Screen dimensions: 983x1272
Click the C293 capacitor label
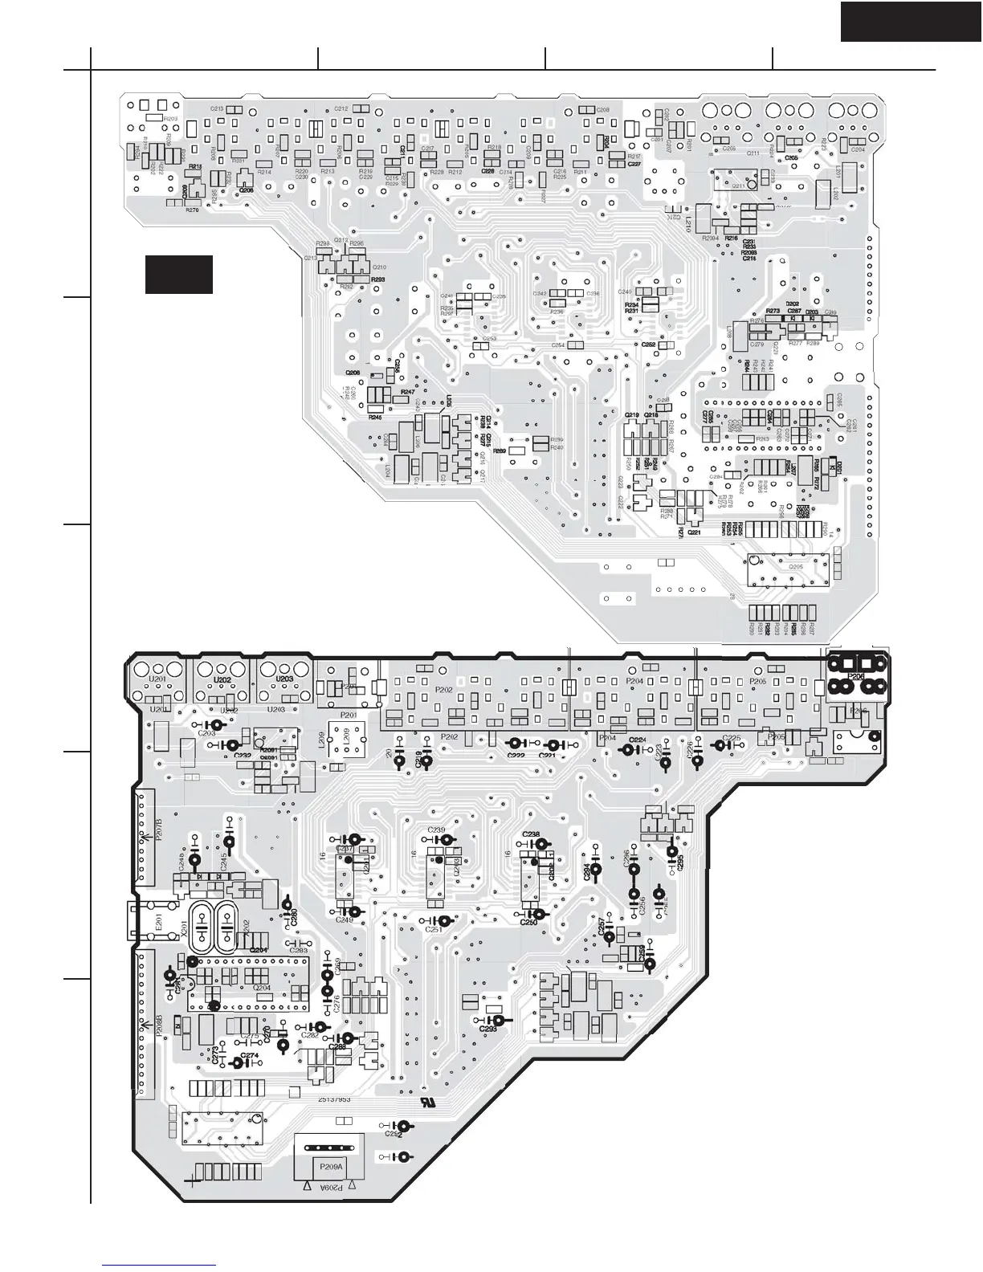(487, 1029)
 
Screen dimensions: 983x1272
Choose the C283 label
(299, 951)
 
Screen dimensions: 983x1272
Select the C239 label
(437, 830)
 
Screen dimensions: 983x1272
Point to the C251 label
(434, 929)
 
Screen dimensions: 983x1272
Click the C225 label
(732, 737)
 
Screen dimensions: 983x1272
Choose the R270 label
(192, 210)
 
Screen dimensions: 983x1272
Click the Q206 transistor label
(246, 190)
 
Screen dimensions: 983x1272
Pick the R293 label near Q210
(377, 279)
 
